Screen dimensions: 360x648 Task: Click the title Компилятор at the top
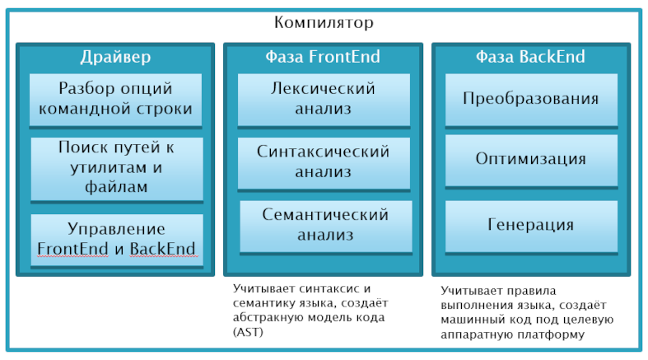324,22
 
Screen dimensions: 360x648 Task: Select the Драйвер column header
115,57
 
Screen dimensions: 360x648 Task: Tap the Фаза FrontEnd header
323,57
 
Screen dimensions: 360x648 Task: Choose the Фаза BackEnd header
530,57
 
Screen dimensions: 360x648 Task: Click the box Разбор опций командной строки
115,99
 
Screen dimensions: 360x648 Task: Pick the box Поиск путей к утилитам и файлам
115,168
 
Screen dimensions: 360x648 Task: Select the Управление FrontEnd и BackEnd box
115,239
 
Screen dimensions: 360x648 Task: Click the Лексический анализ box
324,99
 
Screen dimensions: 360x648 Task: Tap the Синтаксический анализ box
324,162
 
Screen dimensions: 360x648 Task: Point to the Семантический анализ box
324,225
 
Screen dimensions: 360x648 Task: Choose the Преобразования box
530,99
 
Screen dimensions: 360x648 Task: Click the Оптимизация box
530,159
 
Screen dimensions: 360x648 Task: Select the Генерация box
530,224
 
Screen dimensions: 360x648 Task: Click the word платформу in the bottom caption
557,334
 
